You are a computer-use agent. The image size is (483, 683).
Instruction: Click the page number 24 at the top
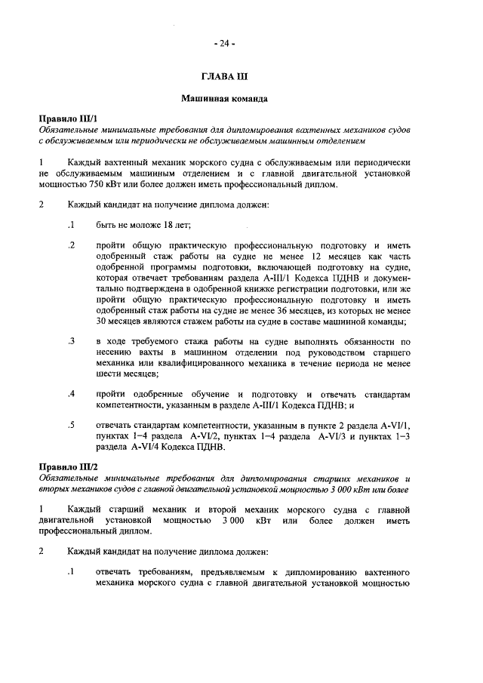pyautogui.click(x=224, y=43)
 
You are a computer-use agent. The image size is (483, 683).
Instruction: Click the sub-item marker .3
pyautogui.click(x=71, y=341)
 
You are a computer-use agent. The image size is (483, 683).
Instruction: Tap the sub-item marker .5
pyautogui.click(x=71, y=426)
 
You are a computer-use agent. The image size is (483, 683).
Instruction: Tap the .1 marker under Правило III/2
pyautogui.click(x=71, y=572)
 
